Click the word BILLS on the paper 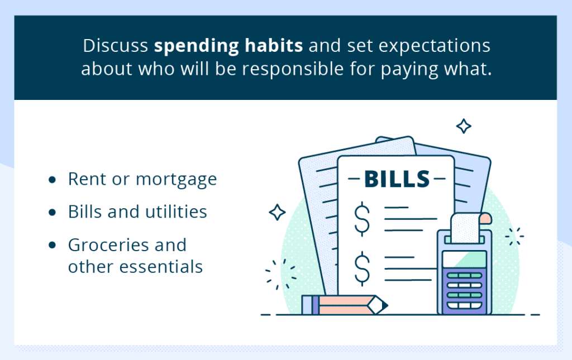[x=397, y=179]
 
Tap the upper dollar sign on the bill [x=362, y=219]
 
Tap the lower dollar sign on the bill [x=362, y=268]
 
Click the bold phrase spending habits [x=228, y=46]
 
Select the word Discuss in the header [x=115, y=46]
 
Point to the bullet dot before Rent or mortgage [x=52, y=180]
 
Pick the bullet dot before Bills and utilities [x=52, y=213]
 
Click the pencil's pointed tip [x=387, y=305]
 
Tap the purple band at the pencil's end [x=316, y=305]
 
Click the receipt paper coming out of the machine [x=466, y=228]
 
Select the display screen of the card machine [x=464, y=260]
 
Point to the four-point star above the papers [x=464, y=126]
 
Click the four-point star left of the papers [x=277, y=212]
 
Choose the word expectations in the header [x=434, y=46]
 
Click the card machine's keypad [x=464, y=290]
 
